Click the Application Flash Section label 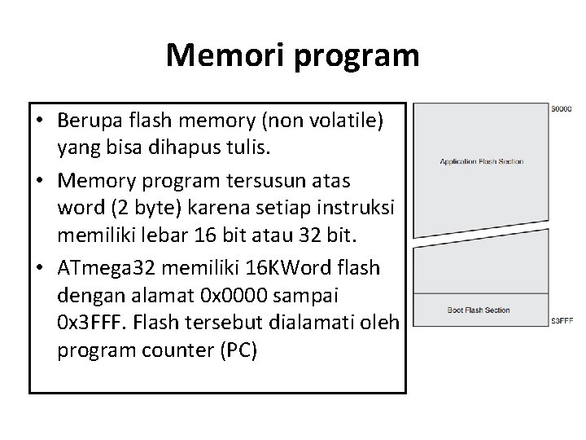tap(481, 161)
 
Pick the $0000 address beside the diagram tap(562, 108)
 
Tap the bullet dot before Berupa tap(40, 121)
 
